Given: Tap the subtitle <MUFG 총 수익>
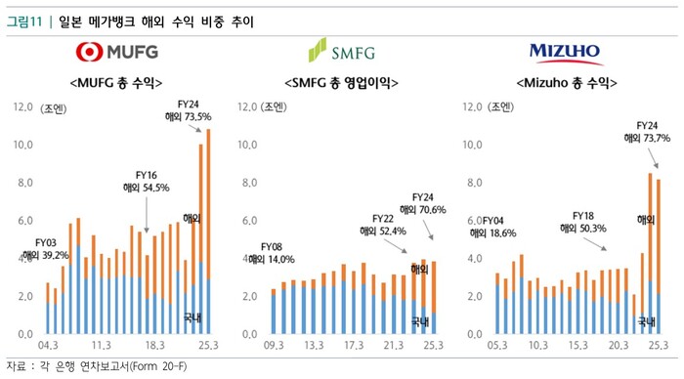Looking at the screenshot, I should tap(116, 82).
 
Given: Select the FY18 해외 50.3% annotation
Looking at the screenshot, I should tap(583, 221).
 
